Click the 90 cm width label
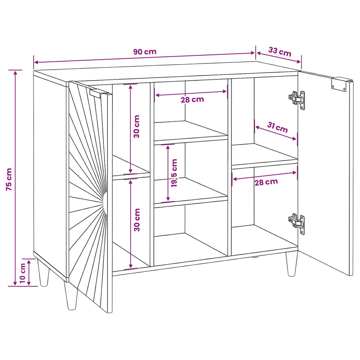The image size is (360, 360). click(x=145, y=52)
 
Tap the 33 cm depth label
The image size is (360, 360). click(x=279, y=52)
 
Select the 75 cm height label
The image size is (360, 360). click(x=9, y=180)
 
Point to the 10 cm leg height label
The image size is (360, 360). click(x=22, y=273)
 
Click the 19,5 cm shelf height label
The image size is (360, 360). click(x=174, y=173)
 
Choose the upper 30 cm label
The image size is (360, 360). click(x=136, y=127)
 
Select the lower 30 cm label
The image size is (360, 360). click(x=137, y=220)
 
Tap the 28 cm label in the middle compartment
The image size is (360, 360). click(x=192, y=99)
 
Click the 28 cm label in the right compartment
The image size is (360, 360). click(x=266, y=182)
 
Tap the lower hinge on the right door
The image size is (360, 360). click(x=297, y=224)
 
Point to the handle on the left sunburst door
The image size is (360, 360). click(x=99, y=94)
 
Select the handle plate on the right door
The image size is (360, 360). click(x=339, y=84)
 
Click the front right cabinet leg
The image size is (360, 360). click(x=291, y=264)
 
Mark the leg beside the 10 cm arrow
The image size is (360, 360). click(x=44, y=272)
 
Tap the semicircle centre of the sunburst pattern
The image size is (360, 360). click(x=105, y=203)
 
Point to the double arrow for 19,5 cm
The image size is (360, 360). click(x=168, y=173)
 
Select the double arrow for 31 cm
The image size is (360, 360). click(x=276, y=133)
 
